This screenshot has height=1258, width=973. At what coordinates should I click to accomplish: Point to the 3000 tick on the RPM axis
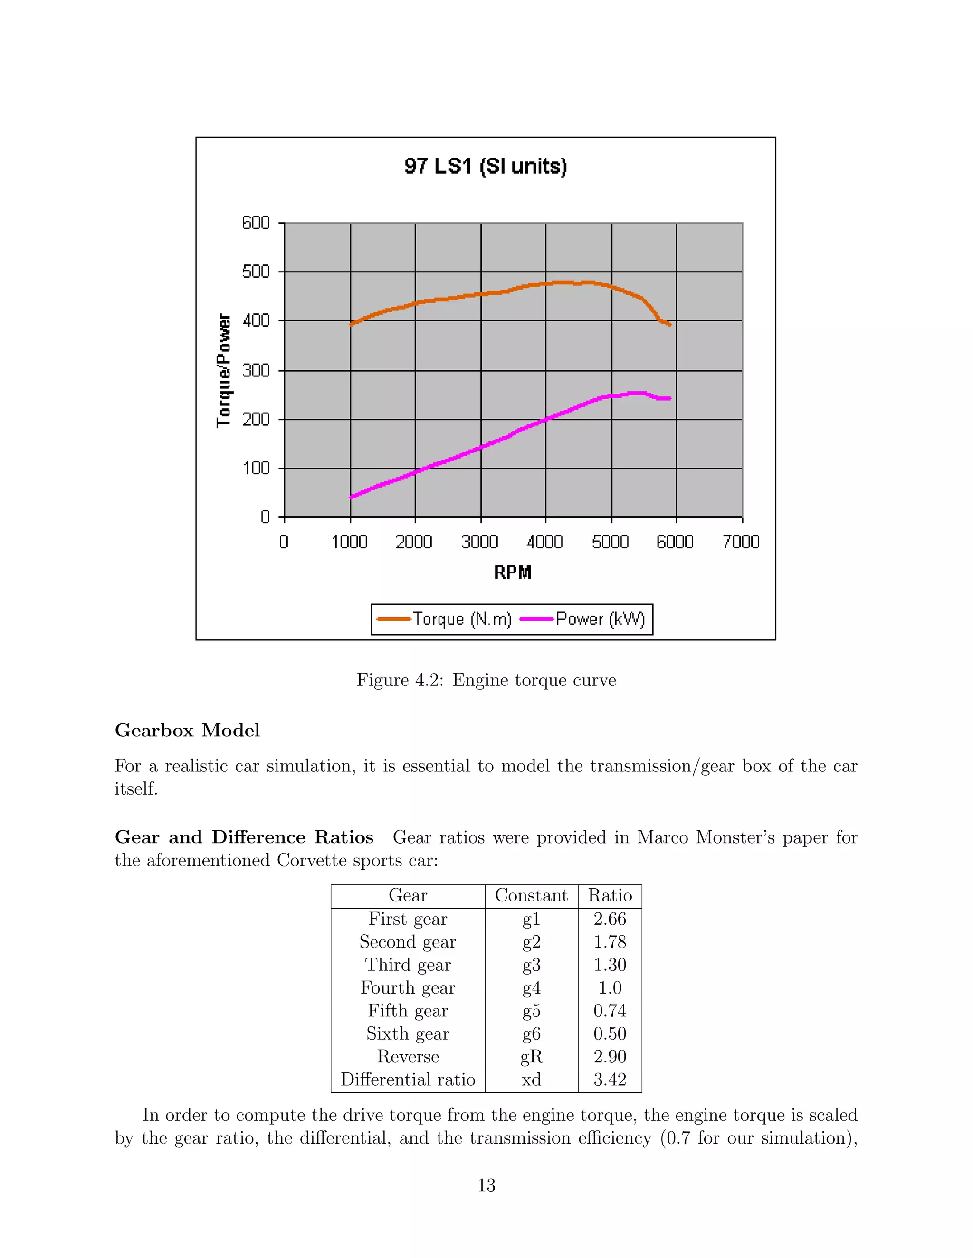click(479, 542)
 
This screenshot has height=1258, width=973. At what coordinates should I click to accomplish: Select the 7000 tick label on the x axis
click(741, 542)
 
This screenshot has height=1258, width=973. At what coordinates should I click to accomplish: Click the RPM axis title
click(513, 573)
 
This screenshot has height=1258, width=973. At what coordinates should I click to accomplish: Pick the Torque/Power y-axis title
click(224, 370)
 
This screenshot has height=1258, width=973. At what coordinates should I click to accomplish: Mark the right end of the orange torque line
click(670, 325)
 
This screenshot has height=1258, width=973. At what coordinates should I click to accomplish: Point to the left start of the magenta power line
click(351, 497)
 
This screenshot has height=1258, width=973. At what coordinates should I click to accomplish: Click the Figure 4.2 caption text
click(486, 680)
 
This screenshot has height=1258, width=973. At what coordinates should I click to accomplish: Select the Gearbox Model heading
click(187, 731)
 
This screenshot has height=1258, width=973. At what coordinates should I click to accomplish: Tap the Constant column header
click(531, 896)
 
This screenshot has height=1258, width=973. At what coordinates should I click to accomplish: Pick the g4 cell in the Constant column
click(531, 988)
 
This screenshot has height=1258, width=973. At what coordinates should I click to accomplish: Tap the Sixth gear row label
click(408, 1034)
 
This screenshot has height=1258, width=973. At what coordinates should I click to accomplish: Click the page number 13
click(486, 1185)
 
